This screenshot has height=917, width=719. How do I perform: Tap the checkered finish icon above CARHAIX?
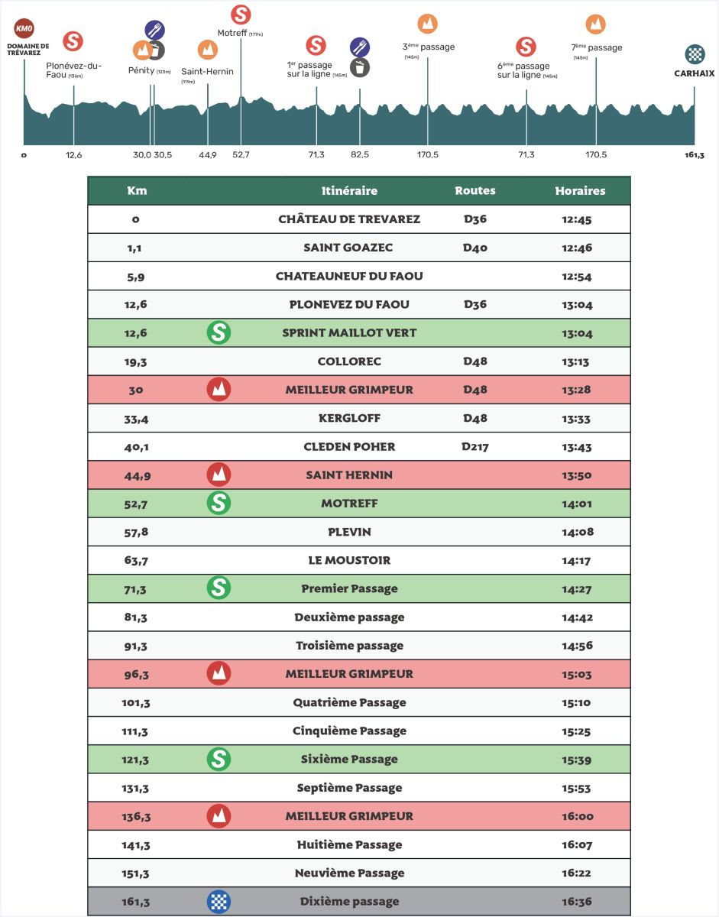click(x=694, y=54)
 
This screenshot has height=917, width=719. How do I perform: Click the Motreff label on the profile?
click(x=233, y=33)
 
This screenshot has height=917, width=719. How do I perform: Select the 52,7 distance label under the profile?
click(x=241, y=155)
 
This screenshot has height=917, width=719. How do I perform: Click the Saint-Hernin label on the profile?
click(x=207, y=72)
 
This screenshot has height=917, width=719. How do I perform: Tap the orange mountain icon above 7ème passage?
click(x=596, y=24)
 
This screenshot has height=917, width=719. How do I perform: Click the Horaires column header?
click(x=580, y=191)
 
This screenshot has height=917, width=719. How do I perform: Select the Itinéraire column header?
click(x=349, y=191)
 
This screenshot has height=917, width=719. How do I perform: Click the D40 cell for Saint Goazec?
click(x=475, y=248)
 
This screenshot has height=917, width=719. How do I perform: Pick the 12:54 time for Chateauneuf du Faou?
click(x=577, y=276)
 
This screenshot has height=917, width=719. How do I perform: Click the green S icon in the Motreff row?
click(x=219, y=503)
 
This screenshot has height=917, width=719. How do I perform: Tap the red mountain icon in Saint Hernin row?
click(x=219, y=475)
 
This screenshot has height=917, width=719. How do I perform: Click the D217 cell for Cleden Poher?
click(x=475, y=446)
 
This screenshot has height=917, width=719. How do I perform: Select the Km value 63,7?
click(x=135, y=560)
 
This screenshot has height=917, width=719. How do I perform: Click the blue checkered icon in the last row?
click(x=219, y=901)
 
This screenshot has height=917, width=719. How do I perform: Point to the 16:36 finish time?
click(x=577, y=901)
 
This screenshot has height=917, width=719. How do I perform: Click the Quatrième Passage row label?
click(x=349, y=702)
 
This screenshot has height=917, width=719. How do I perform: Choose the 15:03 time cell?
click(x=577, y=674)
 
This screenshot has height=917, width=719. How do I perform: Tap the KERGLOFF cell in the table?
click(x=349, y=418)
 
